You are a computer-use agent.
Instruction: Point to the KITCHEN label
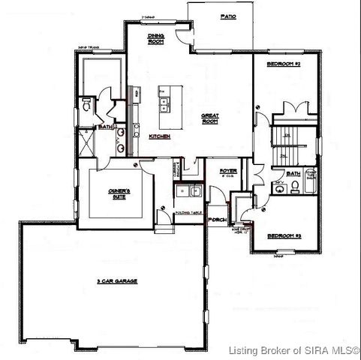coord(159,136)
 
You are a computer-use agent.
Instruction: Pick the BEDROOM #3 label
coord(285,235)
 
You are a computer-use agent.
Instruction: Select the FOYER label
coord(228,172)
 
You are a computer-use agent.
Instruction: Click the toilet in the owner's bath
coord(87,101)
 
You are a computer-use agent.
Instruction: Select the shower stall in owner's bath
coord(87,143)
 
